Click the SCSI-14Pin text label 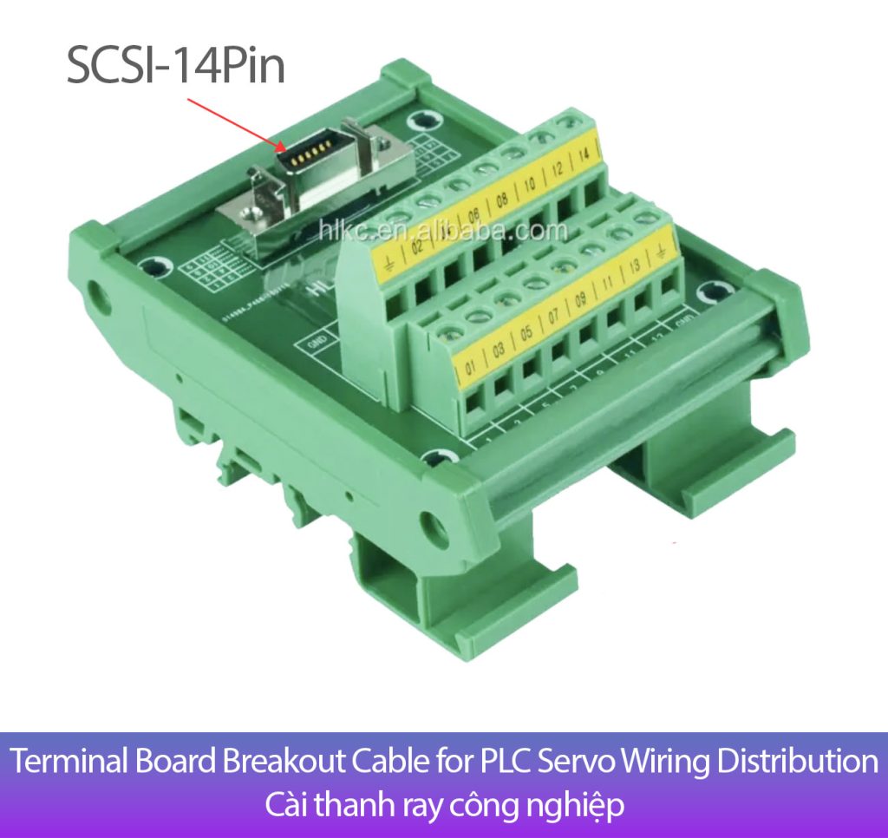[176, 65]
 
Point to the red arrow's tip [285, 150]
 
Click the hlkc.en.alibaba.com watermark [442, 231]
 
